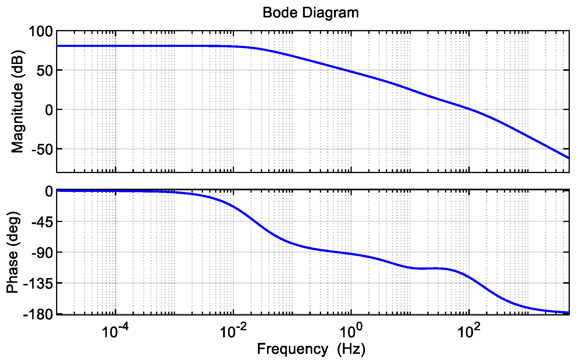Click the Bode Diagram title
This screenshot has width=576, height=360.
[x=310, y=13]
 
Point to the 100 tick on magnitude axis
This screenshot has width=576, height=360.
[x=41, y=31]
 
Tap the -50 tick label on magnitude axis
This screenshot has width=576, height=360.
[x=42, y=149]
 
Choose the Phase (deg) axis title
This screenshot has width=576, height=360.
[x=13, y=252]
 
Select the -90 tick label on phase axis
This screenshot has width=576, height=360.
[x=41, y=252]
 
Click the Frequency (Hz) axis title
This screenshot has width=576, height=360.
[x=311, y=349]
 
